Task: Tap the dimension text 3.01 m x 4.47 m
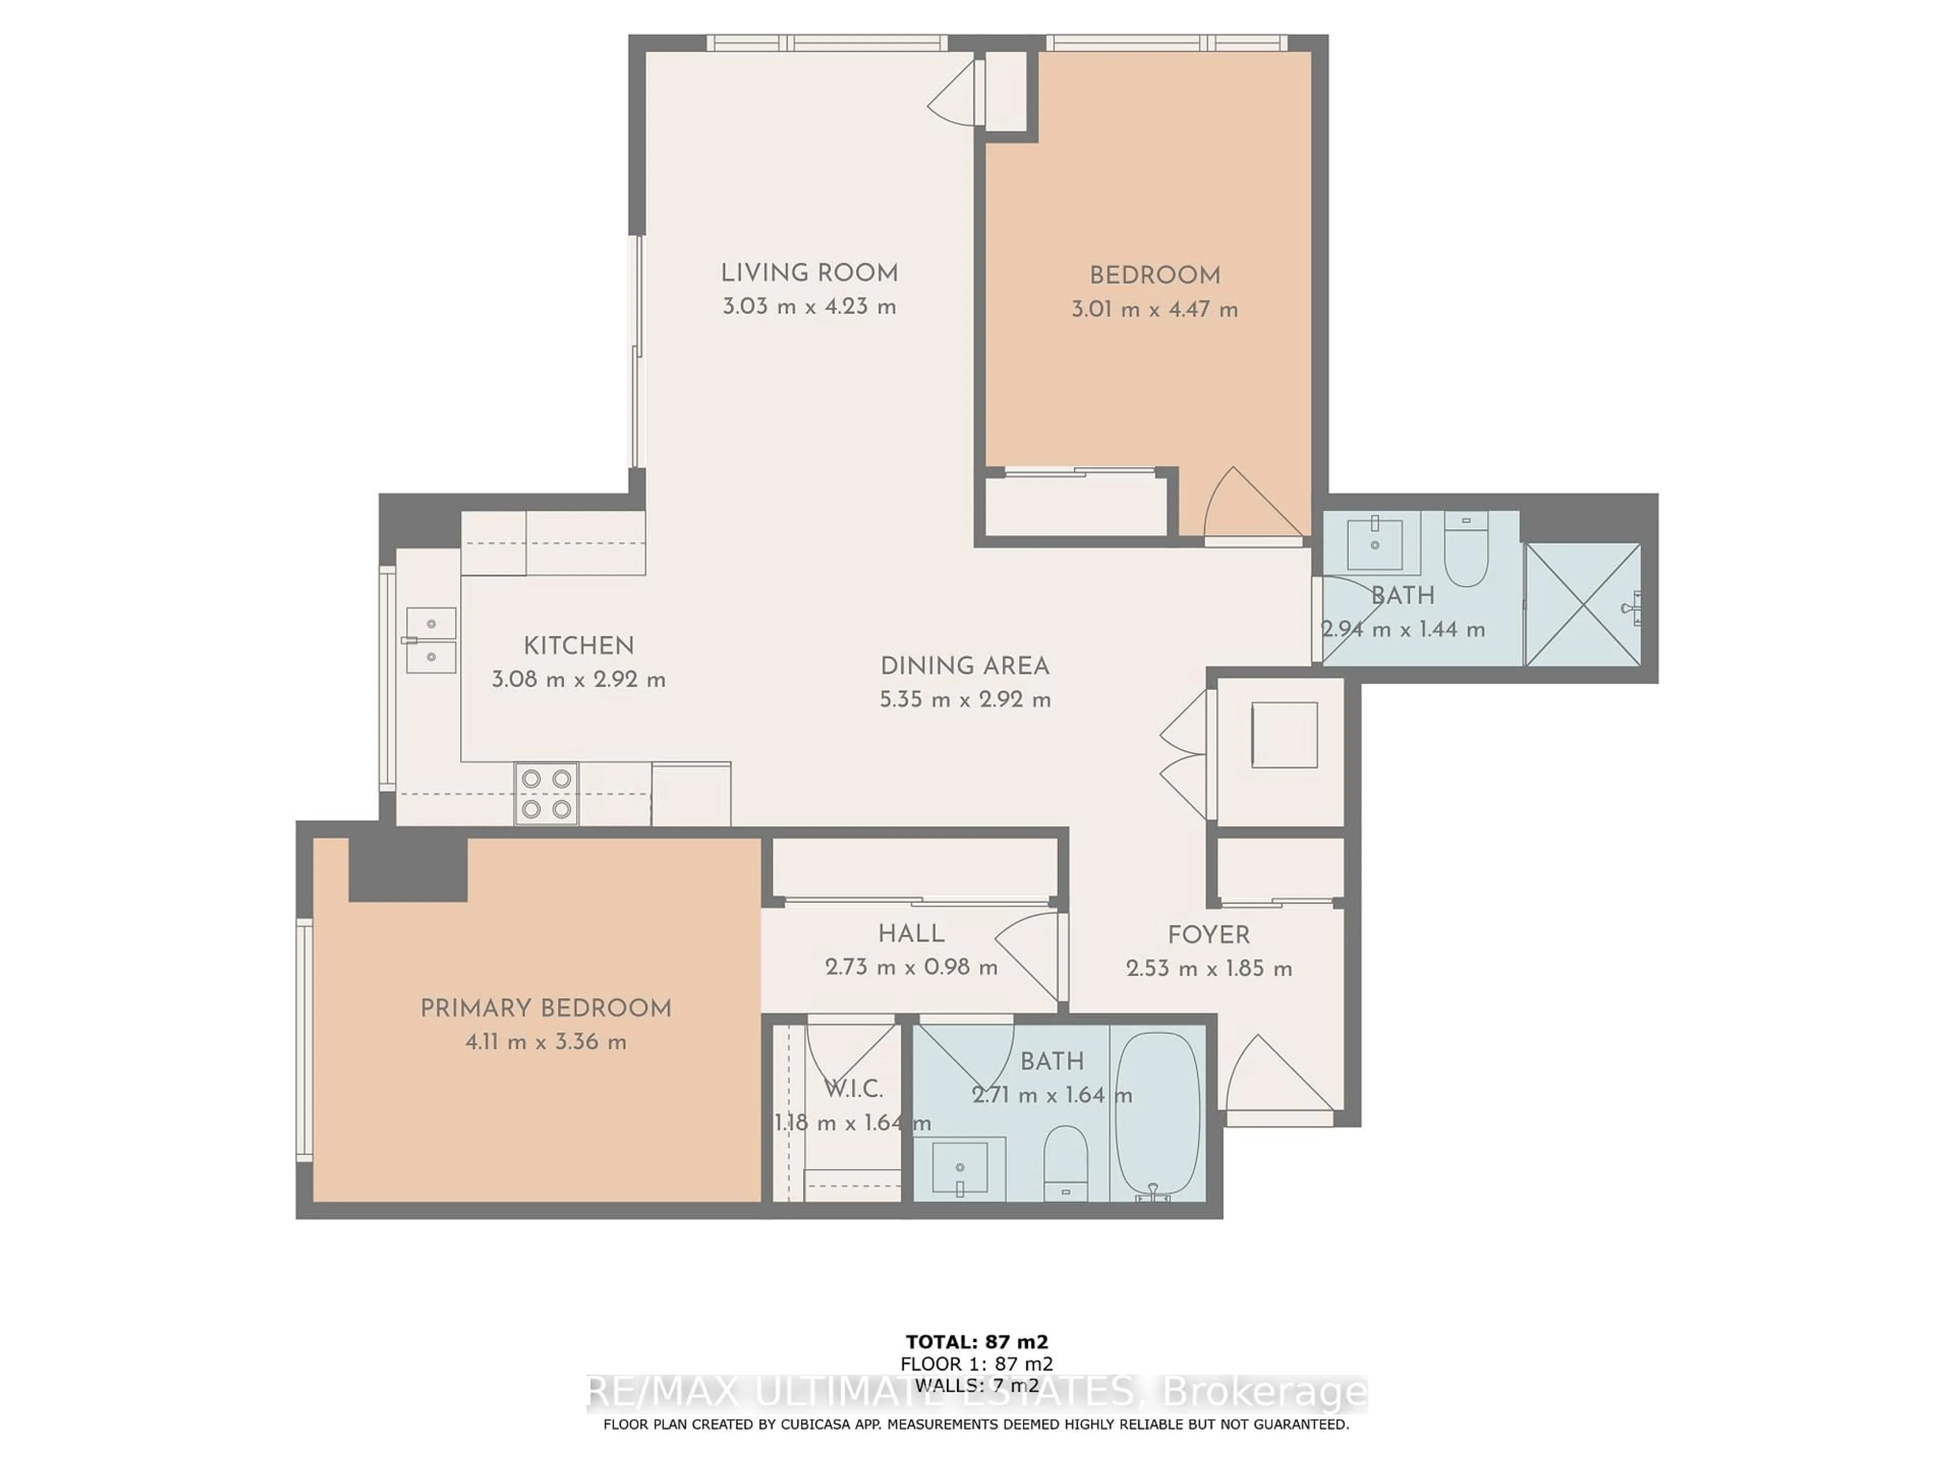coord(1155,310)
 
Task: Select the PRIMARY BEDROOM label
coord(546,1008)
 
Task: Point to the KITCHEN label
coord(579,646)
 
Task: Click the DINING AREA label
coord(965,666)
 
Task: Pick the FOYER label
coord(1209,935)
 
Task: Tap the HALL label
coord(911,933)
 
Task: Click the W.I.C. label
coord(853,1089)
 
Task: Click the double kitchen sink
coord(431,640)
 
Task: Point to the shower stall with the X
coord(1583,605)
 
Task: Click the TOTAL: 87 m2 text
coord(977,1343)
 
